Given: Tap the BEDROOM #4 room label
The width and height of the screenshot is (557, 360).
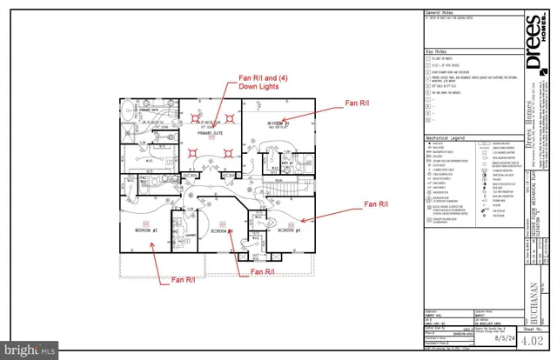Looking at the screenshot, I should coord(289,231).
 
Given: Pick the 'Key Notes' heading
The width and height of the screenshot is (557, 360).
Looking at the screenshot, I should coord(435,52).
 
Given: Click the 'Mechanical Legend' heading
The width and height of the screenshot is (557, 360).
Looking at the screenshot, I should coord(446,137).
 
